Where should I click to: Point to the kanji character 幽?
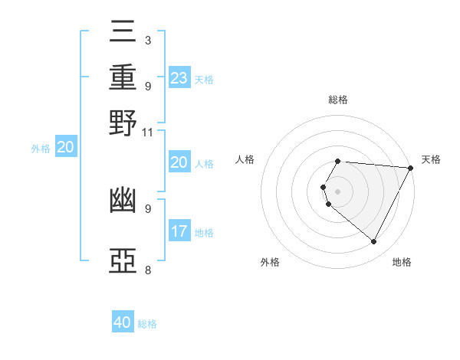point(123,201)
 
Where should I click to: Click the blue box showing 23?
point(179,77)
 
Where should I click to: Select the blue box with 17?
point(179,231)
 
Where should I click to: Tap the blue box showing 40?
point(123,322)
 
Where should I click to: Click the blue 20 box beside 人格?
point(179,162)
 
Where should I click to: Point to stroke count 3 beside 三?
point(147,40)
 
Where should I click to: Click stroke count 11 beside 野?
point(147,132)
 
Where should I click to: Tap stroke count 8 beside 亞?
point(147,270)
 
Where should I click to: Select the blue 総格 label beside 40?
point(147,324)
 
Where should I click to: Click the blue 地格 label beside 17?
point(204,233)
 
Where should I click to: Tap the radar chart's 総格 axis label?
point(337,100)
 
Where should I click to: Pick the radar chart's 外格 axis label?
point(270,262)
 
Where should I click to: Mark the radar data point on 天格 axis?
point(412,168)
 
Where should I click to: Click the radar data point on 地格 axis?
point(374,242)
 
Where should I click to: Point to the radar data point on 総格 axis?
point(337,162)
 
